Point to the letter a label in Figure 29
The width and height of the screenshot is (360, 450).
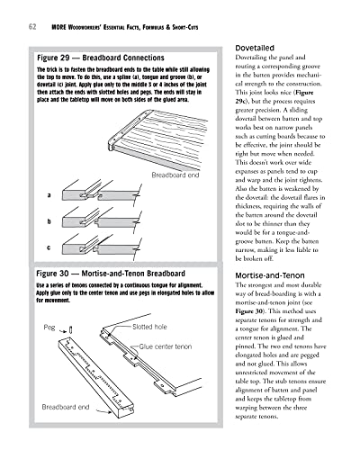45,194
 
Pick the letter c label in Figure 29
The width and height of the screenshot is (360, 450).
45,247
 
